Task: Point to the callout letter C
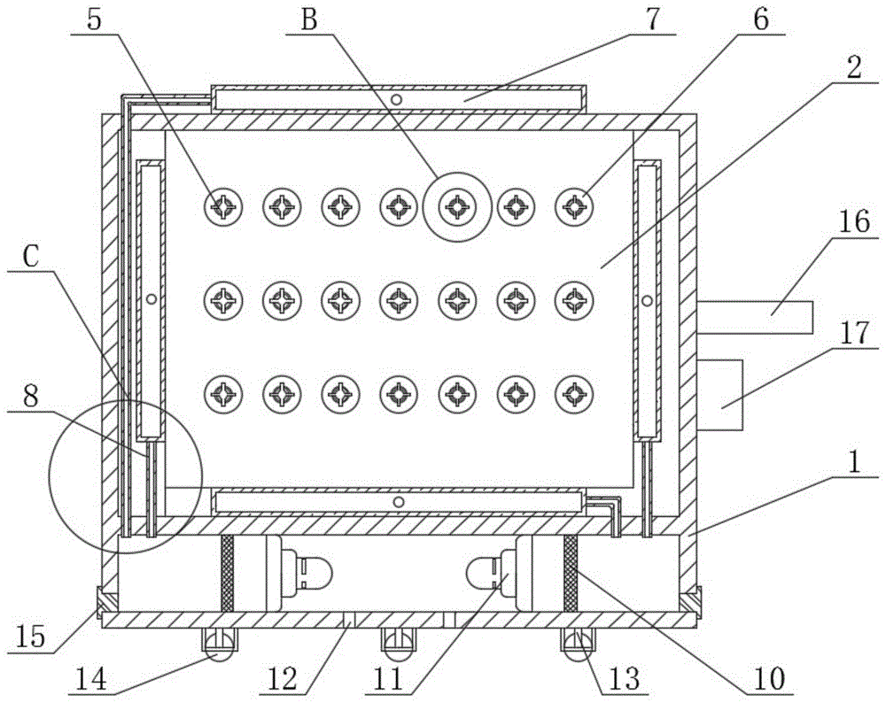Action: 31,257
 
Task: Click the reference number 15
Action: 30,637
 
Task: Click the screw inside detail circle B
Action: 457,206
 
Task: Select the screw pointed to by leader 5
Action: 223,206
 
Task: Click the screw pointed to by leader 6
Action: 575,206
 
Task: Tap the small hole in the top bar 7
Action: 397,100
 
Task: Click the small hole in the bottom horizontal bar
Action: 399,501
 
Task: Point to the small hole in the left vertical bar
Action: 151,299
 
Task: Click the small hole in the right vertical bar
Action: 648,300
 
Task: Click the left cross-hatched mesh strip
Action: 227,573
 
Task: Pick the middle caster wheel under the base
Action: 399,643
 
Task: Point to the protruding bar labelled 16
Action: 755,317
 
